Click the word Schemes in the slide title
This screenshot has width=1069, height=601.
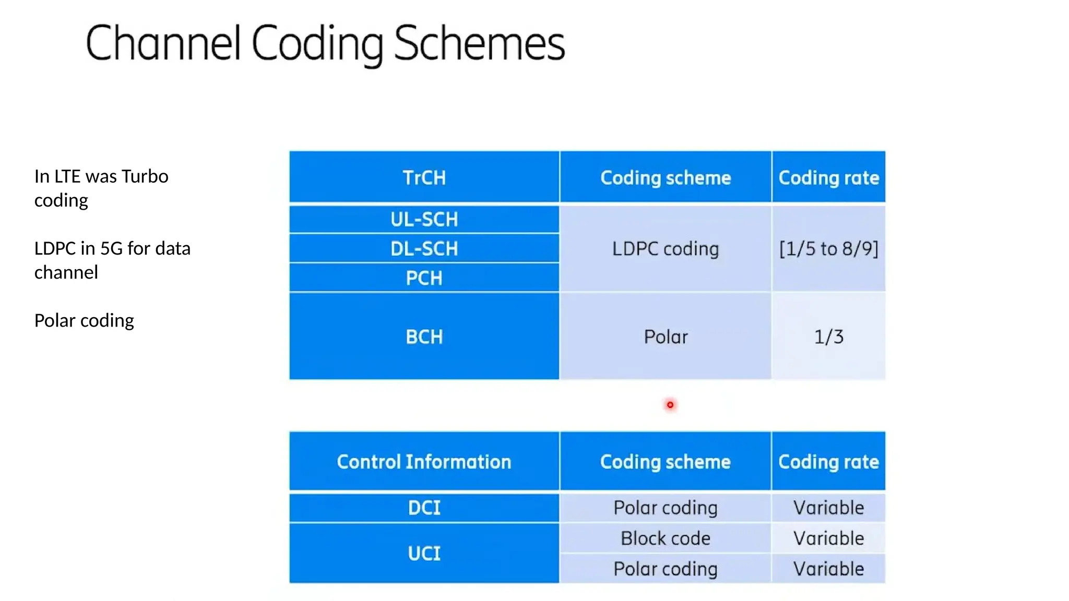(x=479, y=44)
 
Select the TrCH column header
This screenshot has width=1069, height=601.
(x=424, y=178)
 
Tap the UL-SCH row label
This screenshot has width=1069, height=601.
(x=424, y=220)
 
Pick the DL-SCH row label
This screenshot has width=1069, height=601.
(x=424, y=249)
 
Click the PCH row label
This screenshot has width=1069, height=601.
(x=424, y=278)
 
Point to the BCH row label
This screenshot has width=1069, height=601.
(x=424, y=337)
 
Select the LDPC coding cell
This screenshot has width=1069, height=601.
(x=666, y=249)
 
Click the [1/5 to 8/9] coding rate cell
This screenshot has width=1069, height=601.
(x=828, y=249)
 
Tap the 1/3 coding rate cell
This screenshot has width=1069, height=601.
(x=828, y=337)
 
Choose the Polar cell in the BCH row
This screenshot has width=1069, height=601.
(x=666, y=337)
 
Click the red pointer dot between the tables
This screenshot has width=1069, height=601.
(x=670, y=405)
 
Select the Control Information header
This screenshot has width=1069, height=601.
(x=424, y=462)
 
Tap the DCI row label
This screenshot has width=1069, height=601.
(x=424, y=508)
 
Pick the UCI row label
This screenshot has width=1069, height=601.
(x=424, y=554)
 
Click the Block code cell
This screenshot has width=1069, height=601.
(x=666, y=538)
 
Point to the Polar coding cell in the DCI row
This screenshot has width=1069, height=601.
(x=666, y=508)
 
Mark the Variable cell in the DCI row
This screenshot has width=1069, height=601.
(x=828, y=508)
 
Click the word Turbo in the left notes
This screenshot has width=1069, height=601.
(x=145, y=176)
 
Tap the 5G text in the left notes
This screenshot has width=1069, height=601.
(x=111, y=248)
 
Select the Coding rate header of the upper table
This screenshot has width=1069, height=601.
(x=828, y=178)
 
